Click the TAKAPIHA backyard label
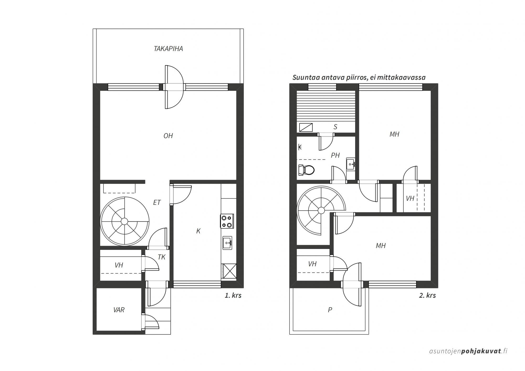(168, 49)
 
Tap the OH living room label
(168, 136)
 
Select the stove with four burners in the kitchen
(227, 221)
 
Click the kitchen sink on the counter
(227, 243)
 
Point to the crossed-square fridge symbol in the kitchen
(229, 271)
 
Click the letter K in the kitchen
(198, 231)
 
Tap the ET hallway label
(157, 202)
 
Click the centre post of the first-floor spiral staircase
(124, 221)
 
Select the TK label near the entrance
(161, 257)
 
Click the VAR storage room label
(119, 310)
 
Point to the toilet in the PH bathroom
(306, 170)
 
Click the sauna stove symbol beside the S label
(306, 127)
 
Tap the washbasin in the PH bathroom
(351, 165)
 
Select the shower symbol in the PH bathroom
(300, 147)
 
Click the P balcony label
(330, 310)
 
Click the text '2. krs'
(427, 295)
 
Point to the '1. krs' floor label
(233, 295)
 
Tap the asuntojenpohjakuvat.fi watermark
(468, 351)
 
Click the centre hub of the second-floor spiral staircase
(321, 210)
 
